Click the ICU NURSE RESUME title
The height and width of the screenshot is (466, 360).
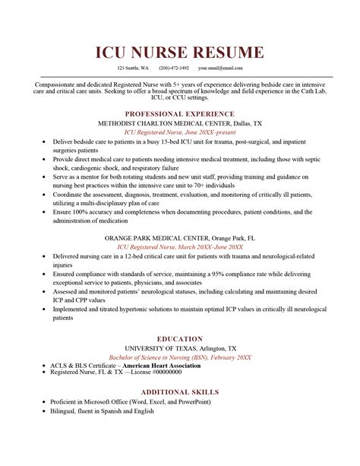pyautogui.click(x=180, y=52)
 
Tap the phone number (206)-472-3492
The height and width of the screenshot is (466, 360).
pyautogui.click(x=173, y=68)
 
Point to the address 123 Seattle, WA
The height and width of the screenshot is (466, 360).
pyautogui.click(x=133, y=68)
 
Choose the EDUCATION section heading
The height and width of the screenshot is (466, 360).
pyautogui.click(x=180, y=338)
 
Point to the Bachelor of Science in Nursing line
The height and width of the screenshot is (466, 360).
pyautogui.click(x=180, y=357)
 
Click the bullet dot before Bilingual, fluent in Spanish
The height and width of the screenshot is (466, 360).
pyautogui.click(x=43, y=411)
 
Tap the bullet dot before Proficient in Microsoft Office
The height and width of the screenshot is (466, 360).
pyautogui.click(x=43, y=401)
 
